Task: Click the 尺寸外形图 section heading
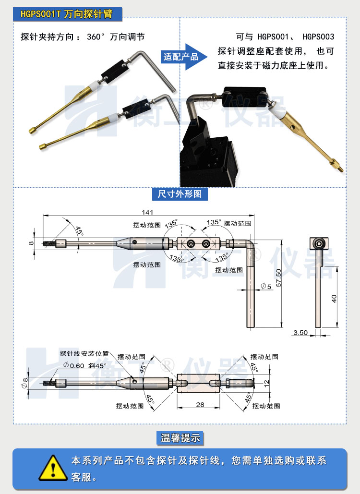[180, 194]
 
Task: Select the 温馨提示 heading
[180, 437]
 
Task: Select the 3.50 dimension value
[300, 332]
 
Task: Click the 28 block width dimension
[200, 405]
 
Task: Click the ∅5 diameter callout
[266, 287]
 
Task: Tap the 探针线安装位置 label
[84, 353]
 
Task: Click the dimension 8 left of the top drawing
[32, 243]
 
